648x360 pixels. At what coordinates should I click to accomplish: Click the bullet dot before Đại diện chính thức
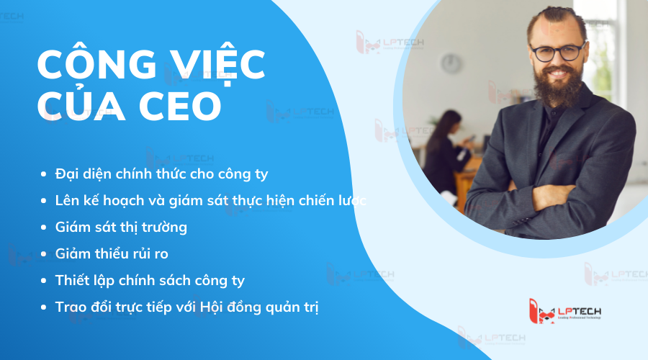pyautogui.click(x=45, y=174)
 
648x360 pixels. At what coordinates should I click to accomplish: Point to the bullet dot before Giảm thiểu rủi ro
pyautogui.click(x=45, y=254)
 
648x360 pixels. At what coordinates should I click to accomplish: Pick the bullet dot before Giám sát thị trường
pyautogui.click(x=45, y=228)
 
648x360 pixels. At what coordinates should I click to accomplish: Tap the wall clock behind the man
pyautogui.click(x=451, y=63)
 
